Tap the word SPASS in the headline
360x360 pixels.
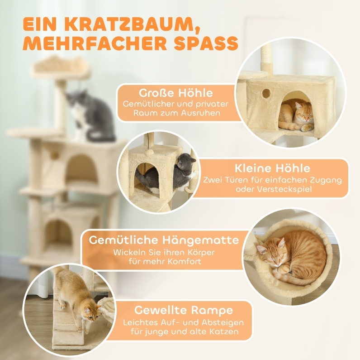point(206,43)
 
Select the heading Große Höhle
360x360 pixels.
point(176,93)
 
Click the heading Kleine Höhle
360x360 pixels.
point(272,168)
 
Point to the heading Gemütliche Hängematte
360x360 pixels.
point(164,240)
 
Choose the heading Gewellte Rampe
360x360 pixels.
point(184,310)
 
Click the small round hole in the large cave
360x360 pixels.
point(266,93)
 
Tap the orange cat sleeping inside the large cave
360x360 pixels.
point(296,116)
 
